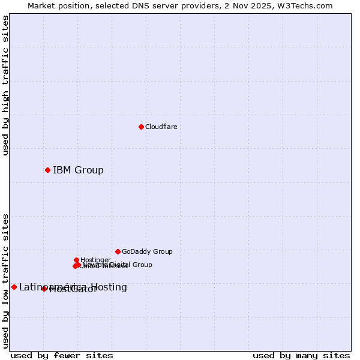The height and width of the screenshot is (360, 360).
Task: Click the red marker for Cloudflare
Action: point(141,127)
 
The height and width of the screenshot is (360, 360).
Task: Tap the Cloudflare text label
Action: point(161,127)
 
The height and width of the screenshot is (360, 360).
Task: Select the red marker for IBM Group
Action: point(47,170)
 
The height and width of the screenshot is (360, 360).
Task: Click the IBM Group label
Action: point(78,170)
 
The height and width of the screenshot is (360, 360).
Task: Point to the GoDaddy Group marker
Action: point(118,251)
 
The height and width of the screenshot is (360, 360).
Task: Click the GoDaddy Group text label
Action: point(147,251)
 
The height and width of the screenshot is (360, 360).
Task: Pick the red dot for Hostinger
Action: point(76,260)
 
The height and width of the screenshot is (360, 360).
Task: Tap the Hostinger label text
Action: point(95,260)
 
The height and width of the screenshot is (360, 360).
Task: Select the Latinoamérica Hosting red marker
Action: point(14,287)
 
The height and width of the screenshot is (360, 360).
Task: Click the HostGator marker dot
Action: point(44,289)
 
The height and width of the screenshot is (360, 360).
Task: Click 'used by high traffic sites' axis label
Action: point(5,85)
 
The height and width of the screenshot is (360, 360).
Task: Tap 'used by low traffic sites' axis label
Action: point(5,281)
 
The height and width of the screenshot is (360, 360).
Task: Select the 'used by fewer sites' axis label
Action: point(62,355)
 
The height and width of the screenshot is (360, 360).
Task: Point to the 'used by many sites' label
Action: point(301,355)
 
